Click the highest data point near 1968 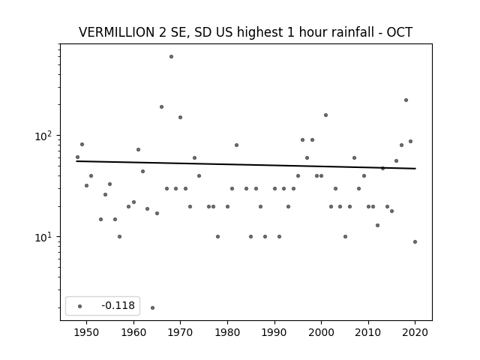pos(172,57)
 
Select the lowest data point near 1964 pos(152,307)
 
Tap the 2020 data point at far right pos(415,241)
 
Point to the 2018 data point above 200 pos(406,100)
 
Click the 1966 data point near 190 pos(162,106)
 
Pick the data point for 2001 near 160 pos(325,115)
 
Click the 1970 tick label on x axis pos(180,332)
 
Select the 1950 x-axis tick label pos(87,332)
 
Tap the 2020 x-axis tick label pos(415,332)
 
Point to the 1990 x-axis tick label pos(274,332)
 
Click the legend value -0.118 pos(118,305)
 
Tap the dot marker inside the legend pos(80,306)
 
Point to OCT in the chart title pos(400,32)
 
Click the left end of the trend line pos(76,161)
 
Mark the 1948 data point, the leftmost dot pos(77,157)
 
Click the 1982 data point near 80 pos(237,145)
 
